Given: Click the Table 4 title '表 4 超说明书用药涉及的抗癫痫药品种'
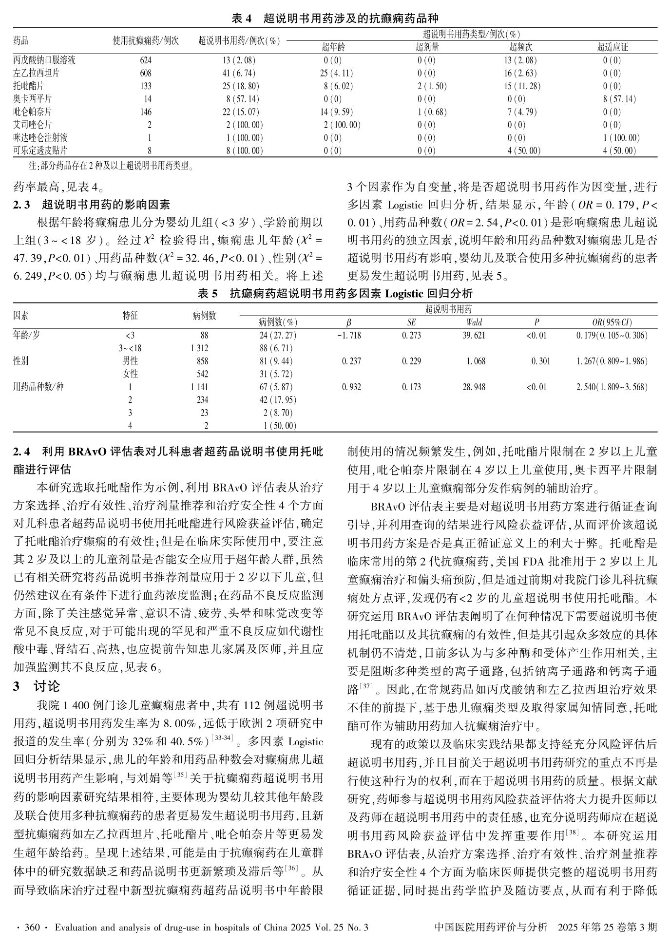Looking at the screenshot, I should coord(335,19).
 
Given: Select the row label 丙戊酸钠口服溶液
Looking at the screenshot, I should coord(44,60).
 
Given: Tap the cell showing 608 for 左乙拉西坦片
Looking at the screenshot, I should coord(145,74).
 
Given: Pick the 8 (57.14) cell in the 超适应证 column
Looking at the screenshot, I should coord(619,99).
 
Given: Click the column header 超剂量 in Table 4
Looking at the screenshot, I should coord(427,47).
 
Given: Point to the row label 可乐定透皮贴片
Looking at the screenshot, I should coord(40,151).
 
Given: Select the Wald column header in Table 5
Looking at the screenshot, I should coord(474,322).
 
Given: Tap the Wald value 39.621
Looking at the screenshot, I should coord(474,336).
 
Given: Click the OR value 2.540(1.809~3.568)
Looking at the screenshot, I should coord(612,387).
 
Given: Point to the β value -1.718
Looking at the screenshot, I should coord(349,336).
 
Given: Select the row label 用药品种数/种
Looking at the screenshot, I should coord(38,387).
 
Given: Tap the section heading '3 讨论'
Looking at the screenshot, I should coord(37,687).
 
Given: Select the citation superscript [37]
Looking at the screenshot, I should coord(366,687).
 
